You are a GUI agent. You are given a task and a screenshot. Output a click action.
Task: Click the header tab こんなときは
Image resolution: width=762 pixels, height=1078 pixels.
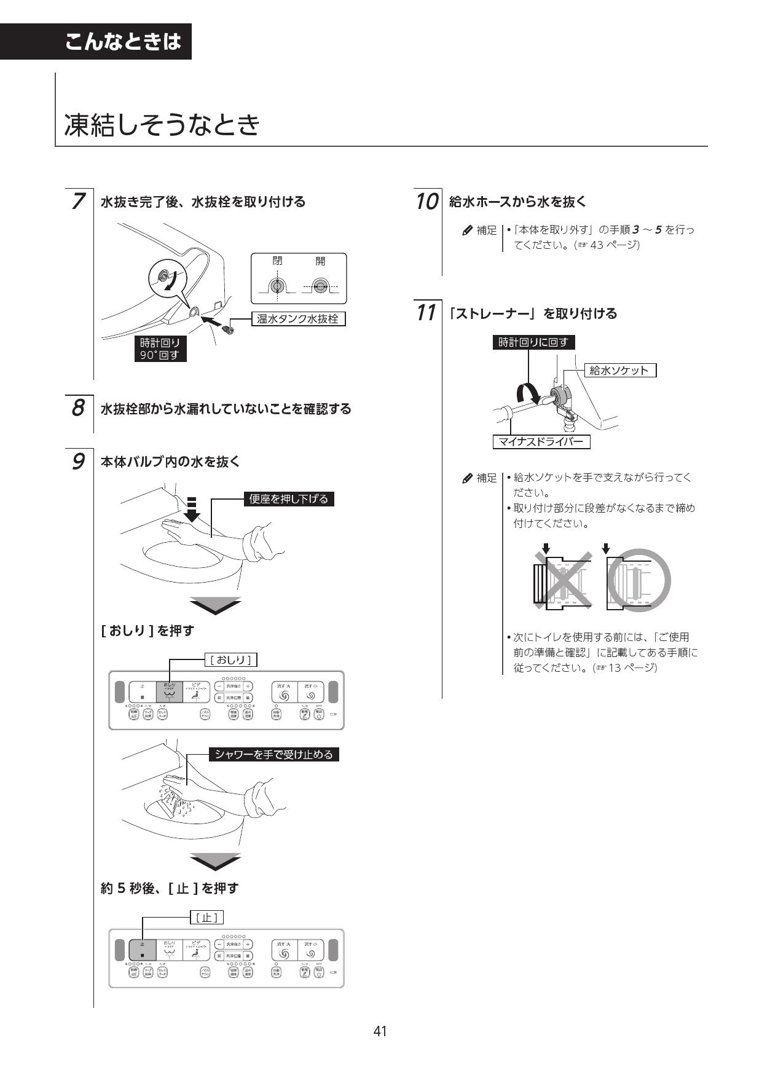[x=123, y=42]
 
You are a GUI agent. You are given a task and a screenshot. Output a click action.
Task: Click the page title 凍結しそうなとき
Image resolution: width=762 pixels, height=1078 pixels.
[x=162, y=125]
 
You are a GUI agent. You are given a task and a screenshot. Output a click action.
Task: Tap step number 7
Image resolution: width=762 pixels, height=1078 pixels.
[x=78, y=202]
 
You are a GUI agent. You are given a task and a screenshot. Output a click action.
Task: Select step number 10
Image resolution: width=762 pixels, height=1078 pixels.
[x=426, y=202]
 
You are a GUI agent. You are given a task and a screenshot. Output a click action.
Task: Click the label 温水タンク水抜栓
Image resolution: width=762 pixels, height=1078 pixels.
[x=298, y=319]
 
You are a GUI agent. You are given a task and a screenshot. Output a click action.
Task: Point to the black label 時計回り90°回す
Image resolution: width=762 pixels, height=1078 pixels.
[x=160, y=348]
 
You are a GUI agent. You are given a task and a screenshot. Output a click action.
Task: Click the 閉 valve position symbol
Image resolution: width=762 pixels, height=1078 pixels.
[x=278, y=286]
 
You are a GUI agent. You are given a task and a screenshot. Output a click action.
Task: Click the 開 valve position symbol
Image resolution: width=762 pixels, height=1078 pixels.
[x=320, y=286]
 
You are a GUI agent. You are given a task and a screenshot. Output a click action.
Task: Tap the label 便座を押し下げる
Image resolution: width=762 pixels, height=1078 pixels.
[x=289, y=498]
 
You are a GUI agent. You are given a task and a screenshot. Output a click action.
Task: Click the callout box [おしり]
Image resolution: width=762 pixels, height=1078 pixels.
[x=231, y=660]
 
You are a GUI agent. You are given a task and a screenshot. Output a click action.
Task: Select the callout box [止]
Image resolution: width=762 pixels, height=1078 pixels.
[x=206, y=918]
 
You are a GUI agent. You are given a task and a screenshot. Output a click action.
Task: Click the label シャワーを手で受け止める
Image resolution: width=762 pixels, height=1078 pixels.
[x=273, y=754]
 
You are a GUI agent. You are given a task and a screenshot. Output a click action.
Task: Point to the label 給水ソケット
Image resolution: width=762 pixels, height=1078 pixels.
[x=619, y=370]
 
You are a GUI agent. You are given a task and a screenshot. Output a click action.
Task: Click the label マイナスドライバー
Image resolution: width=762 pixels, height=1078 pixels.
[x=541, y=441]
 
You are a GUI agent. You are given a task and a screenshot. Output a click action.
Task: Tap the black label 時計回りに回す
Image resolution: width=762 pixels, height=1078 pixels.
[x=533, y=342]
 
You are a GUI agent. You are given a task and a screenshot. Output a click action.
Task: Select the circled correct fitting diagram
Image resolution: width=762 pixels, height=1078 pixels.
[x=638, y=580]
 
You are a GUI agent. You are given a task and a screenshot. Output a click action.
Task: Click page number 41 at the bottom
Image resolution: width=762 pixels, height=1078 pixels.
[x=380, y=1031]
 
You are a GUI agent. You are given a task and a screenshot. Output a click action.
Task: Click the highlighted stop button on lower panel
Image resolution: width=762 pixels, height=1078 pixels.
[x=142, y=950]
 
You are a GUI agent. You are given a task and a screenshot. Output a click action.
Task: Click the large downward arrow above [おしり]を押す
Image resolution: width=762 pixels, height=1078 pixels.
[x=215, y=605]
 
